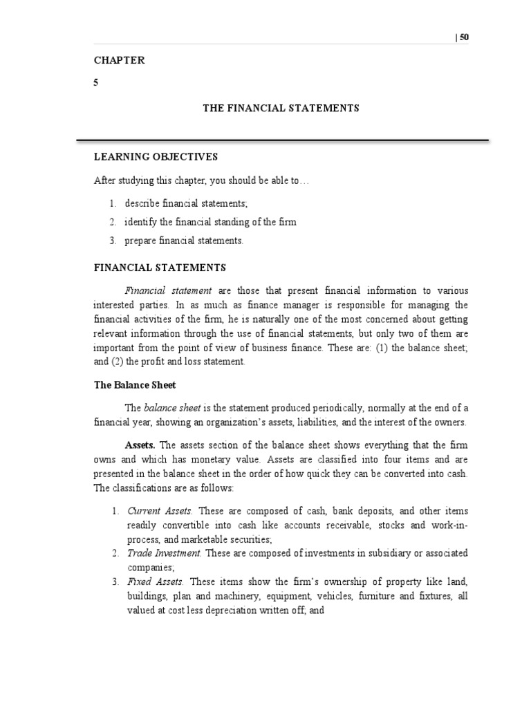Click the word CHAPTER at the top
[x=119, y=60]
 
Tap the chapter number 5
[x=96, y=83]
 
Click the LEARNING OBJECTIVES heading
[x=156, y=157]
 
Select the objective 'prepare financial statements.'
[x=184, y=241]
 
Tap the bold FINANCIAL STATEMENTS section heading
[x=160, y=267]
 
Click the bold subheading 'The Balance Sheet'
[x=136, y=384]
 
